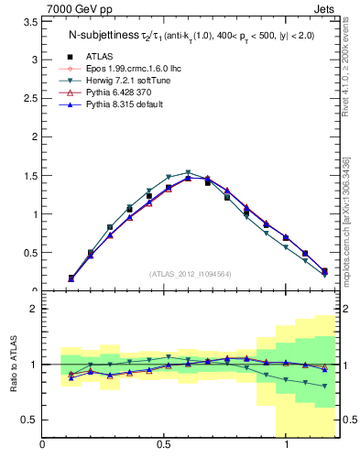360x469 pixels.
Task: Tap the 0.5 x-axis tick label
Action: pos(164,444)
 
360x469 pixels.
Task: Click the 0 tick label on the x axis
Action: pos(42,444)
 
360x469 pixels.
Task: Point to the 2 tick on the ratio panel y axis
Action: pos(33,309)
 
